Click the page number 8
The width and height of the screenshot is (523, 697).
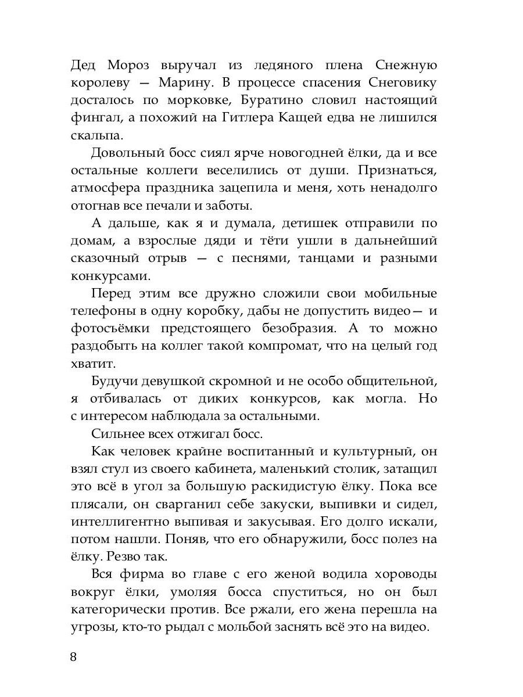73,657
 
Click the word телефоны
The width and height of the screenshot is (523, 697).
99,311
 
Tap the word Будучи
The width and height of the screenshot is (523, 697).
114,382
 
